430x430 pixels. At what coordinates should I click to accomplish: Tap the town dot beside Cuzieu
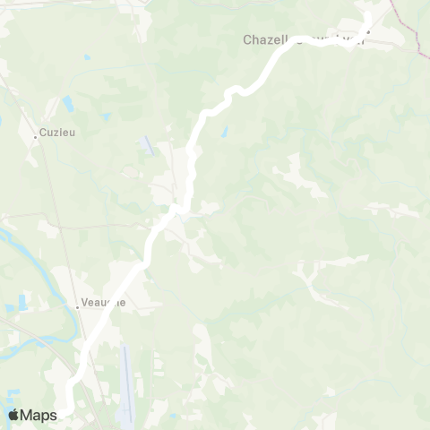tap(36, 137)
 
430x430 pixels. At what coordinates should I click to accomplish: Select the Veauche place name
tap(104, 303)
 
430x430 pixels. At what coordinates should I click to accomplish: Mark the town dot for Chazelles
tap(366, 37)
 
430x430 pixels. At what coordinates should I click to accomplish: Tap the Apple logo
tap(13, 415)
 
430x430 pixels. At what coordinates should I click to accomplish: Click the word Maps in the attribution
tap(39, 415)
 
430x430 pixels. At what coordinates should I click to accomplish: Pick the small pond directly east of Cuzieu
tap(105, 117)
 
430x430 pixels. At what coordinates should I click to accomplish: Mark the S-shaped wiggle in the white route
tap(235, 91)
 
